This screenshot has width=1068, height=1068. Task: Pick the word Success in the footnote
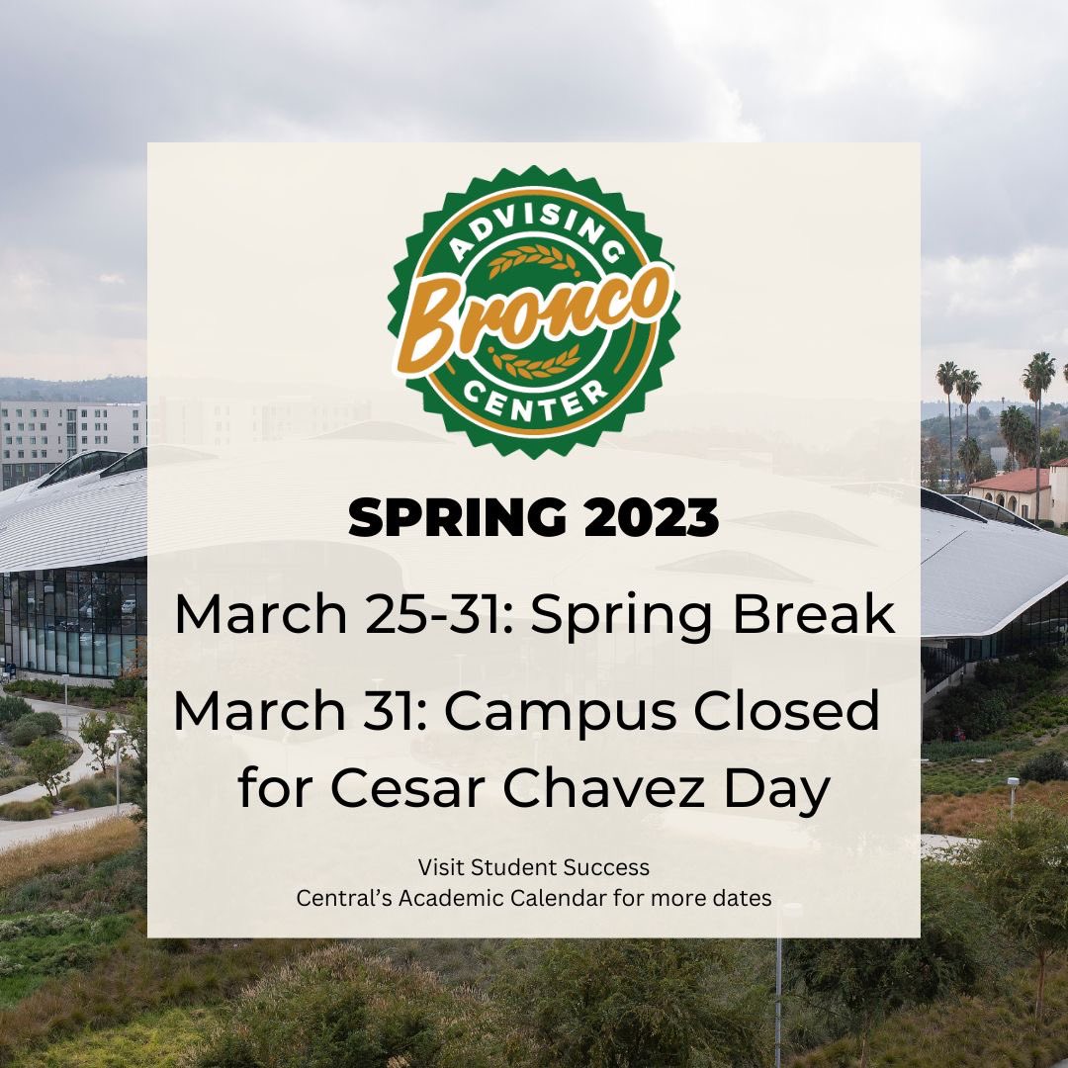606,867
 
